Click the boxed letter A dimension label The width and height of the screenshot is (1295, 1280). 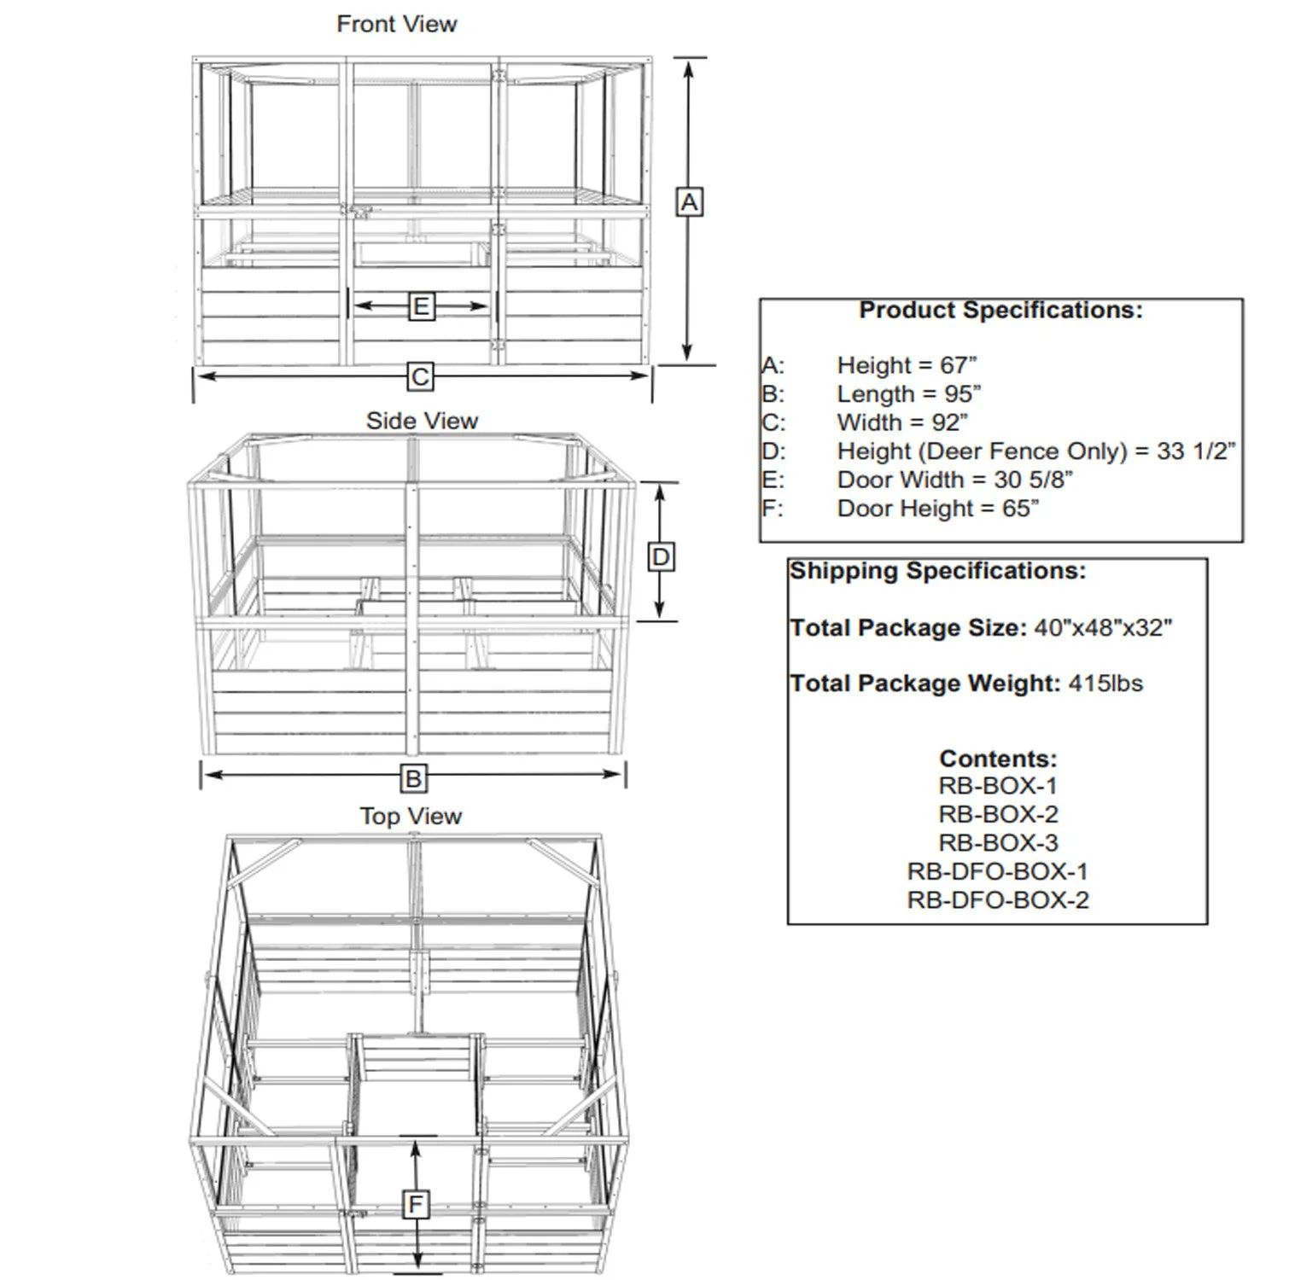coord(689,203)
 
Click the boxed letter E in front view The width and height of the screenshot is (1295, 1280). coord(421,306)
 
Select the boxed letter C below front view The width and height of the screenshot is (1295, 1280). coord(420,376)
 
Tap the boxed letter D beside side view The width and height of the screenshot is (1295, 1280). coord(661,557)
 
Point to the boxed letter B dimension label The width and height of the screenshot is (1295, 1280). coord(413,778)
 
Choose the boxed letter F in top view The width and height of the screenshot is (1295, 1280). coord(416,1205)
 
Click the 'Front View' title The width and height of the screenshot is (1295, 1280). coord(397,24)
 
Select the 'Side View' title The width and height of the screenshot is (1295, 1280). coord(422,421)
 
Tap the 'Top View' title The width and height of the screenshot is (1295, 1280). coord(411,816)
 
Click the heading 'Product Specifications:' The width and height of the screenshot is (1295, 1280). coord(1000,310)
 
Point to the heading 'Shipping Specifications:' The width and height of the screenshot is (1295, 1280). coord(937,570)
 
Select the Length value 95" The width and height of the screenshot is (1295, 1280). coord(963,394)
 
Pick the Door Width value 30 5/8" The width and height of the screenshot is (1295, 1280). coord(1033,480)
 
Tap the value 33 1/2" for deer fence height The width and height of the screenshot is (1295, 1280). coord(1196,451)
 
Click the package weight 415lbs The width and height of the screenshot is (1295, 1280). coord(1105,684)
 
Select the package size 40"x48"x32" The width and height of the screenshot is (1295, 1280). coord(1103,628)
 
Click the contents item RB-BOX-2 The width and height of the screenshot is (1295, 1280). coord(998,814)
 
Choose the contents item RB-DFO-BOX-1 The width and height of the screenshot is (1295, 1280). coord(998,871)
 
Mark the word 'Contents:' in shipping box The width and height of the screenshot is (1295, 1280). coord(998,758)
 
